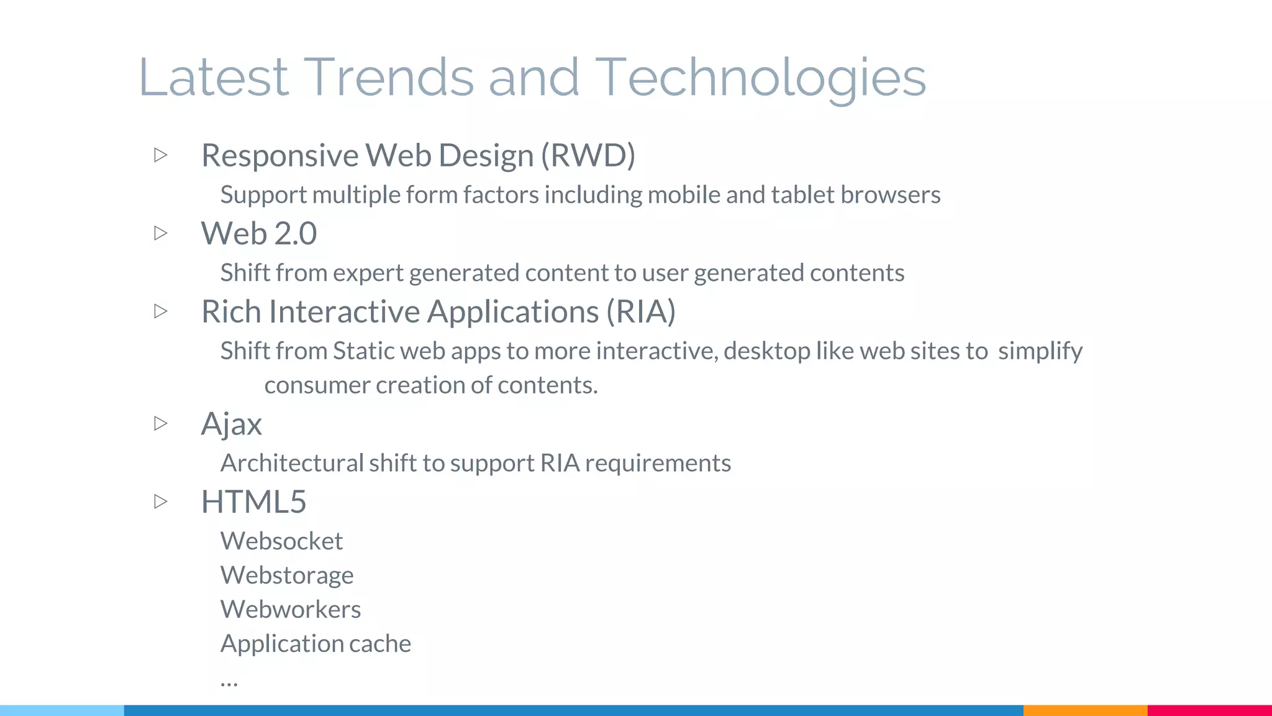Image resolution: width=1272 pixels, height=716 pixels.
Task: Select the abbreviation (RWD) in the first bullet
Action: (x=588, y=155)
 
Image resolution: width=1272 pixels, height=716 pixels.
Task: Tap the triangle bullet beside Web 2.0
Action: (x=161, y=233)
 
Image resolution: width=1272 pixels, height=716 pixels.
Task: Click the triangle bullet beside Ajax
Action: (x=161, y=423)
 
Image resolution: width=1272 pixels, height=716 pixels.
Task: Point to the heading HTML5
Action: (x=253, y=502)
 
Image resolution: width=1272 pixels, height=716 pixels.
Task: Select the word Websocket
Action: (x=281, y=541)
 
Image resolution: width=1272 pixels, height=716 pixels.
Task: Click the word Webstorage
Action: (x=287, y=576)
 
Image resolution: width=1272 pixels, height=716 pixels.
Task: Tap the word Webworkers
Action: (x=291, y=610)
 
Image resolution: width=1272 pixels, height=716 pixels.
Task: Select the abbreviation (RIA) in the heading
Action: (x=640, y=311)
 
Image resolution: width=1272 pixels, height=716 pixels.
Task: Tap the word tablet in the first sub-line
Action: (x=802, y=195)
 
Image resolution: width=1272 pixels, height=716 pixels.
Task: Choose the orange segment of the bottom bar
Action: (x=1084, y=710)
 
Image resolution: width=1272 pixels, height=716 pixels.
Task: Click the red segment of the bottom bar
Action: (x=1209, y=710)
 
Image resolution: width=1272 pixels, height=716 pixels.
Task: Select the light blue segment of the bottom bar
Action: (x=62, y=710)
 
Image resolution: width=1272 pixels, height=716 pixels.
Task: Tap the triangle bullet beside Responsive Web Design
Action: (x=161, y=155)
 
